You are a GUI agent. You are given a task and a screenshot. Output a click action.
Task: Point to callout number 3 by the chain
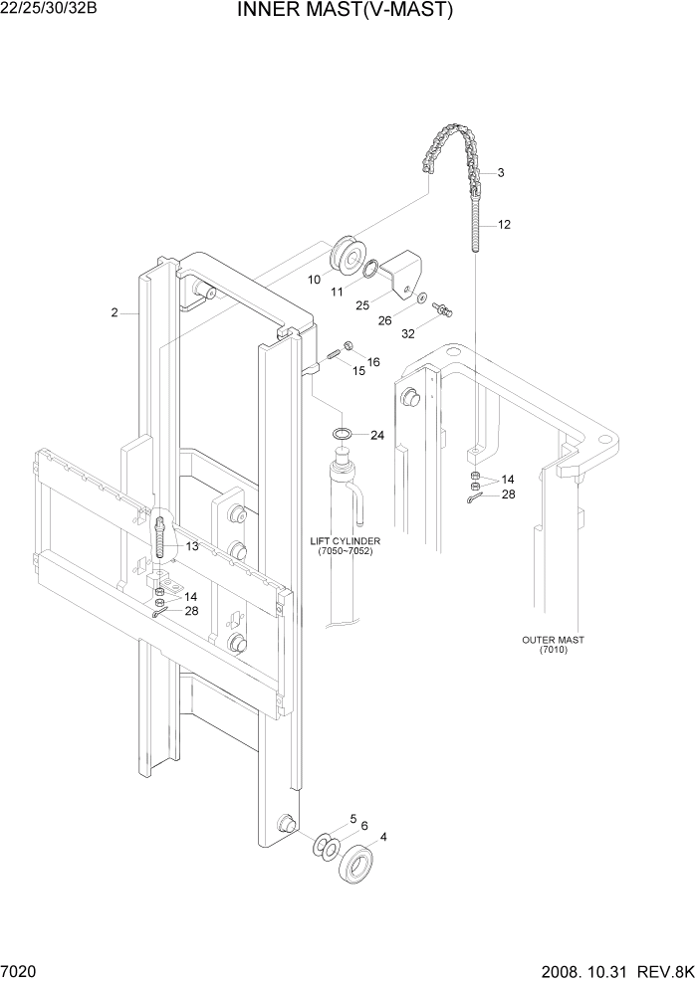tap(500, 172)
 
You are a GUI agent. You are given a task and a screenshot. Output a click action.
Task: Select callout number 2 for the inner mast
tap(115, 312)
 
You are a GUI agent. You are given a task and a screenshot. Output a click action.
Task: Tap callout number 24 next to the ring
tap(376, 435)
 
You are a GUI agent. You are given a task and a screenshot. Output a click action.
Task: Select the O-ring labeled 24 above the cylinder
tap(342, 434)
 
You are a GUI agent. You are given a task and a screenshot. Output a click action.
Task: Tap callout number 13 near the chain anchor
tap(191, 546)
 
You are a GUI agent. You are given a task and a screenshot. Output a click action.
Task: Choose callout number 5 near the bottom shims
tap(351, 819)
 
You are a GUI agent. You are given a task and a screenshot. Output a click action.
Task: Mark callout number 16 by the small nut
tap(373, 362)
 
